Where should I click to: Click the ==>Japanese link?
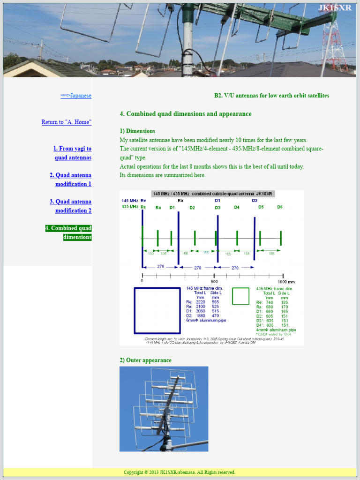[x=75, y=96]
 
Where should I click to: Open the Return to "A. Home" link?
[x=66, y=122]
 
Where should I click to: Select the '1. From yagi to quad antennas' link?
[x=72, y=153]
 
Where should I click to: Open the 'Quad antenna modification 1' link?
[x=71, y=180]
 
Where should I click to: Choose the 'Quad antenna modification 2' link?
[x=71, y=206]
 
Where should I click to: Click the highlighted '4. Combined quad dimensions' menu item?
[x=68, y=232]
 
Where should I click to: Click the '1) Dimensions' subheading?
[x=137, y=131]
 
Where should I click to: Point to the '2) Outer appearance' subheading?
[x=145, y=360]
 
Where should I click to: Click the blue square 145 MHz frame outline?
[x=157, y=310]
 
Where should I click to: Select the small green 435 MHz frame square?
[x=240, y=296]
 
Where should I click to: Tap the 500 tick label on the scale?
[x=214, y=281]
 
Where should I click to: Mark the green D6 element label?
[x=279, y=207]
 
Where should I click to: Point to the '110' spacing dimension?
[x=150, y=254]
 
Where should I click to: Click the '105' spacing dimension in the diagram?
[x=163, y=254]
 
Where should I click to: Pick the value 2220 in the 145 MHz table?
[x=201, y=302]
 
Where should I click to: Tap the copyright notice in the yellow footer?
[x=180, y=472]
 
